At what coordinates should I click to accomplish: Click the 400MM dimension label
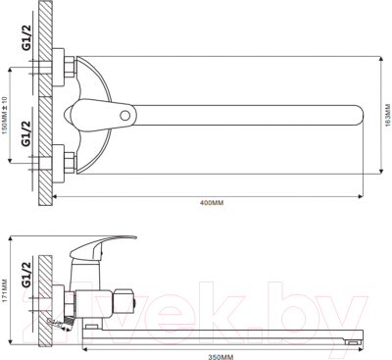coord(212,202)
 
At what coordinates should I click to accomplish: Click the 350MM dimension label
coord(221,356)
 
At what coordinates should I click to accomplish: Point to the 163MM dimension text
coord(388,115)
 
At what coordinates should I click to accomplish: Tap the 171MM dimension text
coord(4,290)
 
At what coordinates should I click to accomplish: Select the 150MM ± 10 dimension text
coord(4,114)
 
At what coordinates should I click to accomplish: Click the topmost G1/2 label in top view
coord(26,38)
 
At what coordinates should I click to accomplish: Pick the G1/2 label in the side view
coord(26,274)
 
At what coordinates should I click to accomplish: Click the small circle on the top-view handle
coord(124,116)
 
